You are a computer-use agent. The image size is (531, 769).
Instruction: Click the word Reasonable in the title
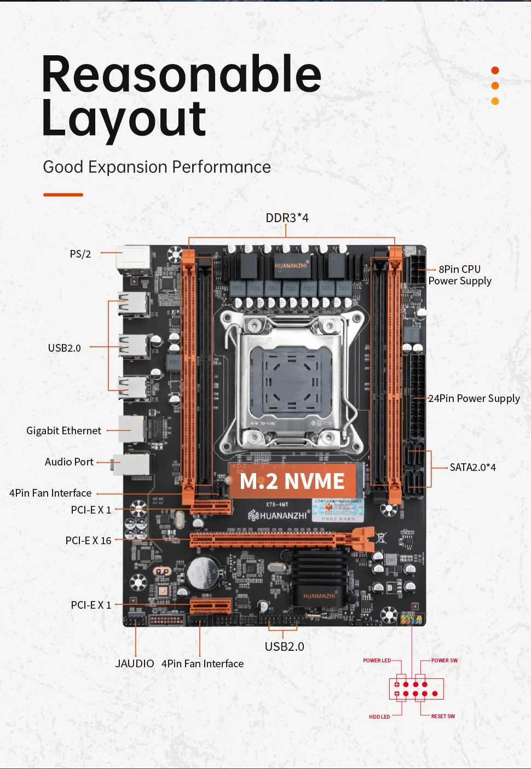tap(181, 74)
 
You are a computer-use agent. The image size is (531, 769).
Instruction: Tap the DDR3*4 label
tap(287, 218)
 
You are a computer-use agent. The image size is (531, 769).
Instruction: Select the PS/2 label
tap(80, 254)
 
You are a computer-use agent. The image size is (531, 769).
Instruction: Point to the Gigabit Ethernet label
tap(64, 430)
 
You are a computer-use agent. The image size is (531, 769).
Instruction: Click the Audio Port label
tap(69, 462)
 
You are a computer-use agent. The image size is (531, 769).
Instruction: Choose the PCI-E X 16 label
tap(88, 540)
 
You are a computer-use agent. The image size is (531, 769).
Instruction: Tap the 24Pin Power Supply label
tap(474, 398)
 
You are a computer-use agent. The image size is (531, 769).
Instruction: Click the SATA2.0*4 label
tap(472, 467)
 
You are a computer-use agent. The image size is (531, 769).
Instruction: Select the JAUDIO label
tap(135, 663)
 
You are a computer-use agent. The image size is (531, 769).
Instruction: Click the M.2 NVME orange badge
tap(293, 481)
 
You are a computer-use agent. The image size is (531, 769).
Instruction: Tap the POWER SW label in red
tap(444, 660)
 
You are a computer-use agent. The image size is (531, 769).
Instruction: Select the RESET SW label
tap(443, 716)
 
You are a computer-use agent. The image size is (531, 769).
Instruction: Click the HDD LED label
tap(379, 716)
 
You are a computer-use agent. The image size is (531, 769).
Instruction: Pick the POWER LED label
tap(377, 660)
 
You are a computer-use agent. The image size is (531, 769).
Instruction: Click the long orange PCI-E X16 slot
tap(274, 540)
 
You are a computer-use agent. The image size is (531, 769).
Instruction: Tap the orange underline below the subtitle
tap(63, 194)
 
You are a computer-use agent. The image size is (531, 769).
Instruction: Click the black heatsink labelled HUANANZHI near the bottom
tap(319, 580)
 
